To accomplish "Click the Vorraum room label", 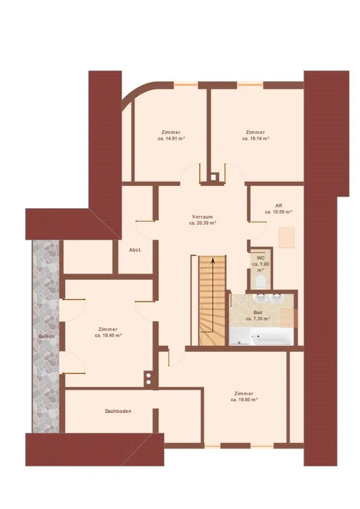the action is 202,217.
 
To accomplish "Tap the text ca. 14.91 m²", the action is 171,138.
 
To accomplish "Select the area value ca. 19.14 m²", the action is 256,138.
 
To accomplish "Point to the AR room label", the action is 278,206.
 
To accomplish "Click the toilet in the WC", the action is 261,283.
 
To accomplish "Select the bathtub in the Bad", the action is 272,338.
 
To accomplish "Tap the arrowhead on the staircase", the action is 212,260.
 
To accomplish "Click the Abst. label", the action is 136,250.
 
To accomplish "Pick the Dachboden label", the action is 118,411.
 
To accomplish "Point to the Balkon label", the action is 47,337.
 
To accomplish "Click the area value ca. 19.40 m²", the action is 108,335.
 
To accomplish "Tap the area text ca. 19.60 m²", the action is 244,400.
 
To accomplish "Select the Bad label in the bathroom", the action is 258,312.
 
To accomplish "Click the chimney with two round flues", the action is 148,378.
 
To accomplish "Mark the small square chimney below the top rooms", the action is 213,177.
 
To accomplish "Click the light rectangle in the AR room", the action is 286,237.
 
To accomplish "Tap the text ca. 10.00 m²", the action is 278,212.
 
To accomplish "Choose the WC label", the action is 261,258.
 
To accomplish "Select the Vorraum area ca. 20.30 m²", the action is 203,223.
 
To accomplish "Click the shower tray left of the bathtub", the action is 240,337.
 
